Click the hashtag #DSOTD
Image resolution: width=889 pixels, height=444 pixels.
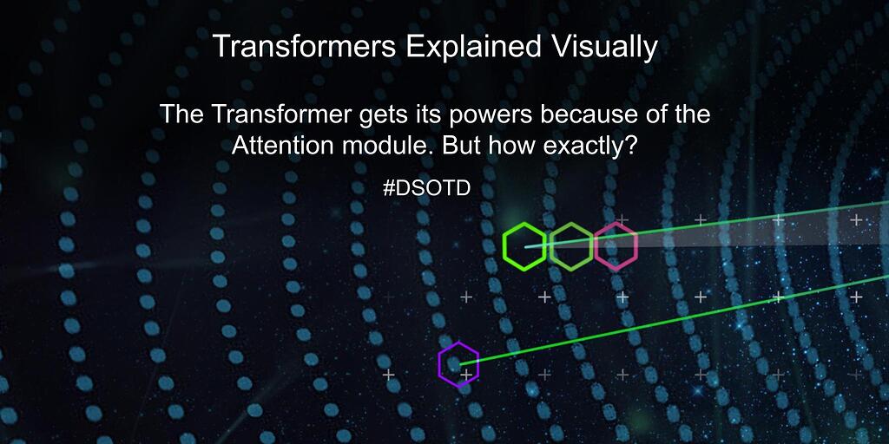(x=426, y=188)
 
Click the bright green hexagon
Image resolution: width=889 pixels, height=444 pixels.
(x=524, y=246)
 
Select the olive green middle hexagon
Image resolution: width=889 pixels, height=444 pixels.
(x=570, y=246)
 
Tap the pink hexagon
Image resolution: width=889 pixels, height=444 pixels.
(x=616, y=246)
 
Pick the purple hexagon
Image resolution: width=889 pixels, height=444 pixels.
(x=458, y=364)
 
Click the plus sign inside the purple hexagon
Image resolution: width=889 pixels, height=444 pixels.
(x=466, y=375)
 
